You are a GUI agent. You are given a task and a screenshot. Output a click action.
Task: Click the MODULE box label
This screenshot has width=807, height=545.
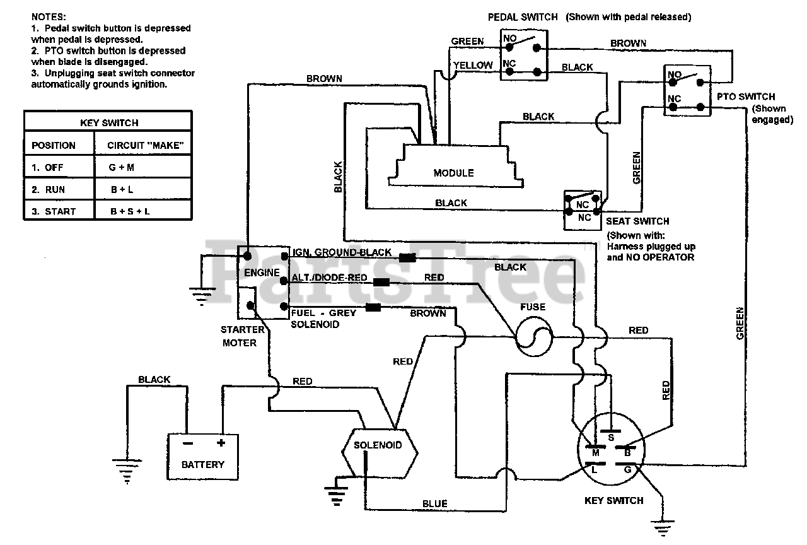tap(453, 173)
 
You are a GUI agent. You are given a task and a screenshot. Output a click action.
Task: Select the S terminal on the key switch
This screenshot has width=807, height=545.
tap(610, 437)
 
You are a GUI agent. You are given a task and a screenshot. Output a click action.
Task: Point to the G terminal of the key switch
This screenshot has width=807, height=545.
tap(627, 469)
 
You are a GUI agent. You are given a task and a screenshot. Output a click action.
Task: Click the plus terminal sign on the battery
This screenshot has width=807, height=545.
tap(221, 443)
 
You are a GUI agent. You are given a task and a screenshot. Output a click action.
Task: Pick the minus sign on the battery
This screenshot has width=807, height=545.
tap(188, 443)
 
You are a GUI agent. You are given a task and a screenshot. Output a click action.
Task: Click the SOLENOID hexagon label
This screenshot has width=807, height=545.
tap(378, 445)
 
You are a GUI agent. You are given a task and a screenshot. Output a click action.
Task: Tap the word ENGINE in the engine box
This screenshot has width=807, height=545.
tap(262, 272)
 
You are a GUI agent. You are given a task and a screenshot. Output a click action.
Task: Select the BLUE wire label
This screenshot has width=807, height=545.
tap(434, 503)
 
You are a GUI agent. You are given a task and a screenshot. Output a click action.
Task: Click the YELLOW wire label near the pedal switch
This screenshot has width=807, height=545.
tap(473, 65)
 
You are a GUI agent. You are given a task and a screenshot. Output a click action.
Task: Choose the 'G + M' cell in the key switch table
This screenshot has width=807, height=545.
tap(122, 167)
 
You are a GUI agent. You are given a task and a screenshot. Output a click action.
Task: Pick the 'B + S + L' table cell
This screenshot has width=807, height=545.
tap(130, 211)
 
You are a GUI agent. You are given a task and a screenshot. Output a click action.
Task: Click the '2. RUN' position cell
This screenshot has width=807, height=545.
tap(48, 190)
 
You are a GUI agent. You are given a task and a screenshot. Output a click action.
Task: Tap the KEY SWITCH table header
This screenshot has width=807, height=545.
tap(109, 123)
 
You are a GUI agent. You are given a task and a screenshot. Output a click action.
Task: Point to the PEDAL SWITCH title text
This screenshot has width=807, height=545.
tap(523, 17)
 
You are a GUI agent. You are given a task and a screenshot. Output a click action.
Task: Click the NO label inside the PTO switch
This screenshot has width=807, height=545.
tap(675, 74)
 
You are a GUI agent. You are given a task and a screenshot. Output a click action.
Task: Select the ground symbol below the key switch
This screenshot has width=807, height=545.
tap(662, 528)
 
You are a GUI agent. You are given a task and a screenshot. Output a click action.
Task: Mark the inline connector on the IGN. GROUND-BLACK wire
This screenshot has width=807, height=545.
tap(407, 257)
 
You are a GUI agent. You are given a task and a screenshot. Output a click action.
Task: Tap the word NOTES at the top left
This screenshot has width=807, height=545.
tap(49, 17)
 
